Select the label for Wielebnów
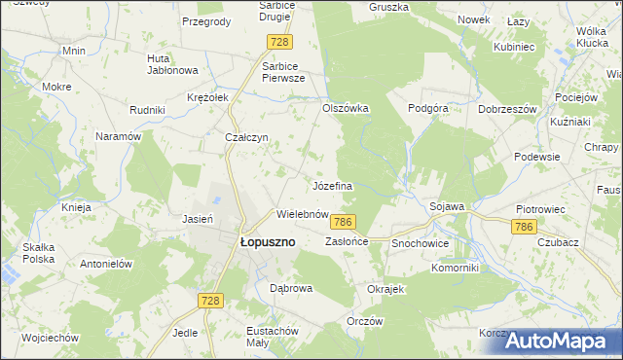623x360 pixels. click(301, 213)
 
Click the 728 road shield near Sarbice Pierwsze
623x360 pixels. click(280, 41)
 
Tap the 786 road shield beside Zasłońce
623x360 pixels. click(342, 223)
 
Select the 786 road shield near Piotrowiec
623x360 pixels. click(525, 226)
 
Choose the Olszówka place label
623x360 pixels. click(346, 108)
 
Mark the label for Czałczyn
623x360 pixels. click(246, 138)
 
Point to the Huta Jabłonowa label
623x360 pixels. click(171, 63)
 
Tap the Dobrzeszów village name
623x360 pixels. click(508, 109)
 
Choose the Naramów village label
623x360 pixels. click(119, 137)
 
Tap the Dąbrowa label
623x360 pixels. click(290, 288)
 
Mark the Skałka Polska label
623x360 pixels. click(39, 253)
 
